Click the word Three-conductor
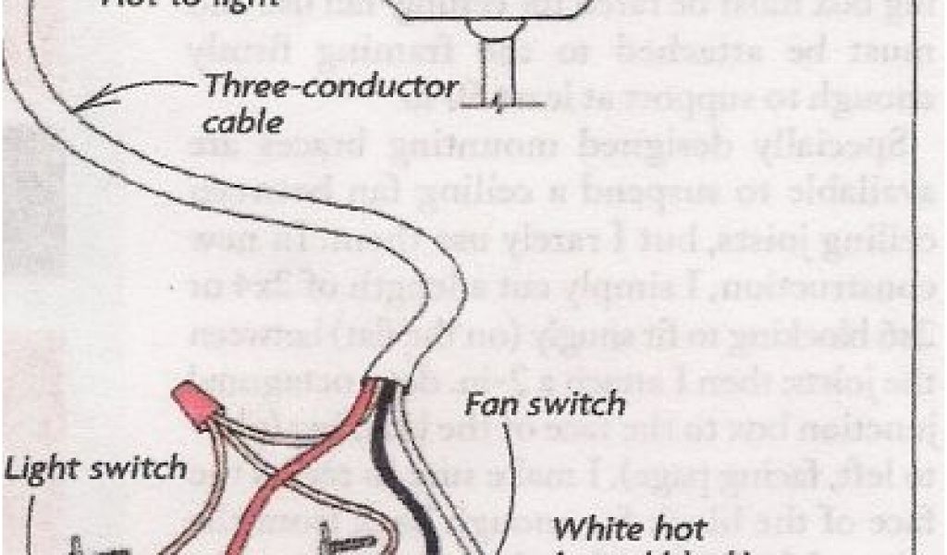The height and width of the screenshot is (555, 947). point(330,89)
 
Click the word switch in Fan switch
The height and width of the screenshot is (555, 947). point(578,404)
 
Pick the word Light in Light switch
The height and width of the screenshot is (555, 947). point(47,468)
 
